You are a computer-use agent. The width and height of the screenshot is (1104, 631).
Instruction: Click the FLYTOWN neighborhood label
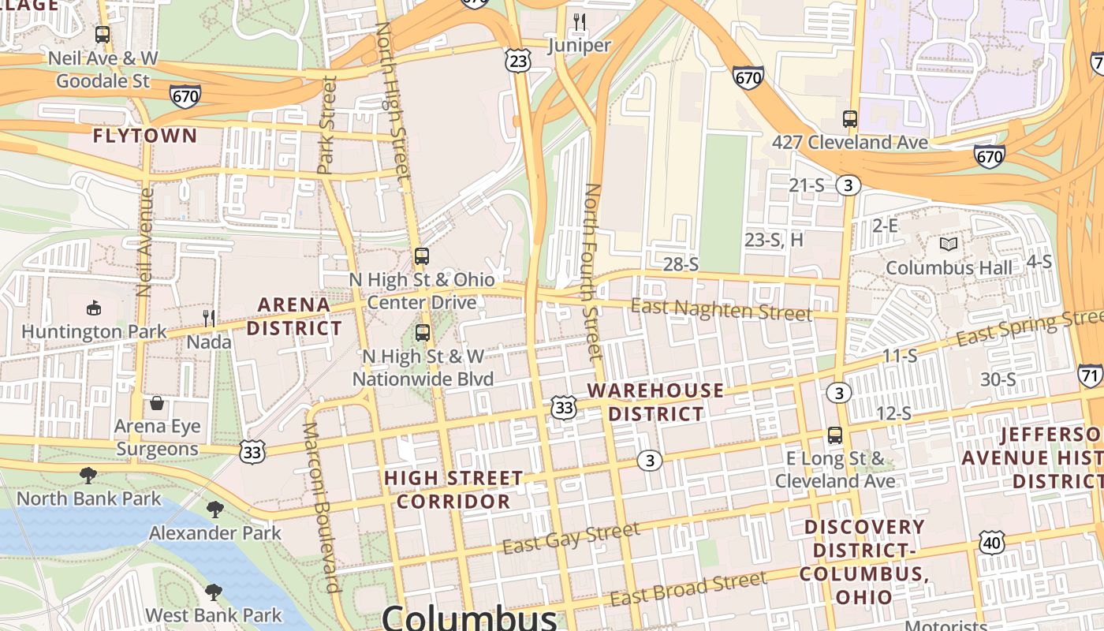click(x=145, y=136)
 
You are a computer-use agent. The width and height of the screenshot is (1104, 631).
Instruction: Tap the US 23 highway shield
click(x=519, y=61)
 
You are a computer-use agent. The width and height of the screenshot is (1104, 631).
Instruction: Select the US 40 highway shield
click(x=992, y=542)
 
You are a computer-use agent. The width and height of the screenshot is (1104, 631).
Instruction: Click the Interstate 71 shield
click(x=1090, y=374)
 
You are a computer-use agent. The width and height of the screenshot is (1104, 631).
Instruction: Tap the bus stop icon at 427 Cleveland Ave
click(x=849, y=119)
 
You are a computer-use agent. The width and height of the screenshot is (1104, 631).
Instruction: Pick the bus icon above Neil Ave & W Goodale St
click(x=102, y=35)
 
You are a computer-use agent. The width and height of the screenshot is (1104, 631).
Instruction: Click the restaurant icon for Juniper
click(x=580, y=21)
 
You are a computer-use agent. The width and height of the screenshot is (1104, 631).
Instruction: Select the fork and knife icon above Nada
click(x=209, y=318)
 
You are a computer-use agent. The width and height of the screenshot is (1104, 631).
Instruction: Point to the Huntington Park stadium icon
click(x=94, y=308)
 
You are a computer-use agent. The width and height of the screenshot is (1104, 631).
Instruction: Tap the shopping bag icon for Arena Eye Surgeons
click(x=157, y=403)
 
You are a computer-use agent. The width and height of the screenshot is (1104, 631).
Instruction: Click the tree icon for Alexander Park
click(x=214, y=510)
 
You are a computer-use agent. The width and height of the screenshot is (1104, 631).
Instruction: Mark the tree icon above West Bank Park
click(x=213, y=592)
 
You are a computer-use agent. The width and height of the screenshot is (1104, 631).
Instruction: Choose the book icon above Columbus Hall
click(x=949, y=245)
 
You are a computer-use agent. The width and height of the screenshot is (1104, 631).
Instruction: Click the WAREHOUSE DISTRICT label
click(x=655, y=402)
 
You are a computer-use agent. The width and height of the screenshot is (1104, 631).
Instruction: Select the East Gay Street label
click(x=571, y=537)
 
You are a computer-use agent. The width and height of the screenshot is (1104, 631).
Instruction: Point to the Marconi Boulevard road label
click(x=322, y=507)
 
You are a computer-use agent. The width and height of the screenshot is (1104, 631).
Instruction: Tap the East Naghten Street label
click(x=721, y=310)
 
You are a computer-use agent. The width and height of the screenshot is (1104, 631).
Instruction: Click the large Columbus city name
click(x=470, y=618)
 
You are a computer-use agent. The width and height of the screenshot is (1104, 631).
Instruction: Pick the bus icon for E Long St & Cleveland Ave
click(x=835, y=435)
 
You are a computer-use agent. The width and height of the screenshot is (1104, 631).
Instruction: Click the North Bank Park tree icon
click(x=88, y=475)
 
